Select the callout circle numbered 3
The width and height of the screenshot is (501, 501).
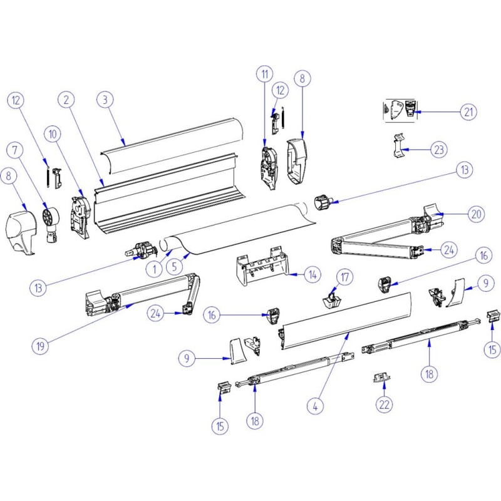tap(106, 100)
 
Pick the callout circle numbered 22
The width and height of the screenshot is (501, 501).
tap(384, 404)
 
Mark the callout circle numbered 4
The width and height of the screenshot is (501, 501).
tap(317, 405)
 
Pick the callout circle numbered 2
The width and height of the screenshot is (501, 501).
tap(67, 99)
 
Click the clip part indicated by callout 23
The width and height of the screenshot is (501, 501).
tap(398, 147)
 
